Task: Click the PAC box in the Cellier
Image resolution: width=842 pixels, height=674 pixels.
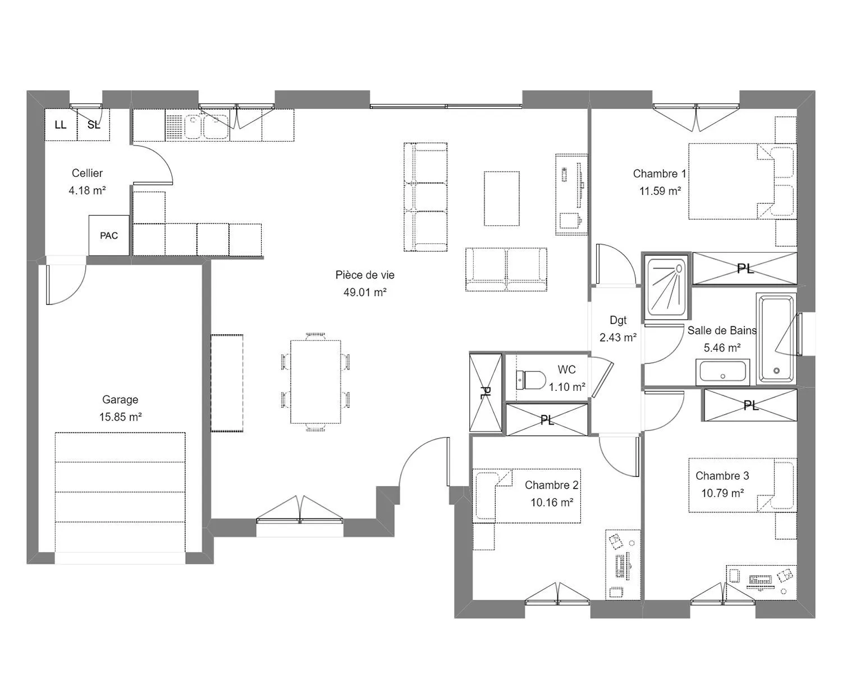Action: (109, 235)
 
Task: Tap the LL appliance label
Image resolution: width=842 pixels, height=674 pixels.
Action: (61, 125)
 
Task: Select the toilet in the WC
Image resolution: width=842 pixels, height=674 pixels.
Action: (531, 380)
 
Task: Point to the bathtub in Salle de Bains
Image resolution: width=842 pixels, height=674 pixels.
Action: (776, 339)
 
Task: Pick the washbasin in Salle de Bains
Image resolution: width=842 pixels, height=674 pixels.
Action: (722, 372)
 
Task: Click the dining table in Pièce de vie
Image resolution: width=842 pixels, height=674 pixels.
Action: (315, 382)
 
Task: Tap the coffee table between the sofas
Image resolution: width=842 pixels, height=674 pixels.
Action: (502, 199)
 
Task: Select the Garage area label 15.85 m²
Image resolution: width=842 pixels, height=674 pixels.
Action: (120, 417)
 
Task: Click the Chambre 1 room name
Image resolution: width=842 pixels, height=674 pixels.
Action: (659, 174)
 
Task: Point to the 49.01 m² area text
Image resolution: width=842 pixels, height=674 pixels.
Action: (365, 292)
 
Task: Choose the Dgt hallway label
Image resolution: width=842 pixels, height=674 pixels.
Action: (618, 320)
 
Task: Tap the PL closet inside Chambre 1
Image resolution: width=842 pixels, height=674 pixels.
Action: (745, 268)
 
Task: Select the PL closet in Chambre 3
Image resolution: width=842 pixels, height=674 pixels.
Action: (751, 406)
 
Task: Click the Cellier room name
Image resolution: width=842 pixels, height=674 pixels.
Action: (87, 173)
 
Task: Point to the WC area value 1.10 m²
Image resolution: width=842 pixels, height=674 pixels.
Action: (567, 387)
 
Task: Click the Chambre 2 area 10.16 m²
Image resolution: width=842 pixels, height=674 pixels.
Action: (552, 503)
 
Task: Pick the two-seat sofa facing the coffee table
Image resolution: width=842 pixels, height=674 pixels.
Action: (506, 270)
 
